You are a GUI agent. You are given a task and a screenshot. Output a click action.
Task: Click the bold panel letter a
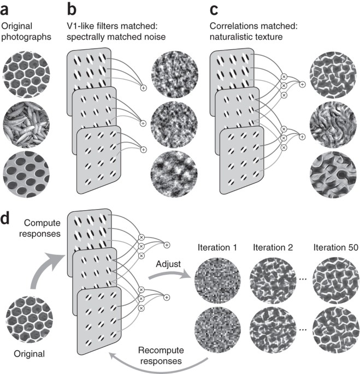(x=6, y=9)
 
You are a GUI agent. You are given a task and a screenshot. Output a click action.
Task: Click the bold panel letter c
(x=215, y=9)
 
